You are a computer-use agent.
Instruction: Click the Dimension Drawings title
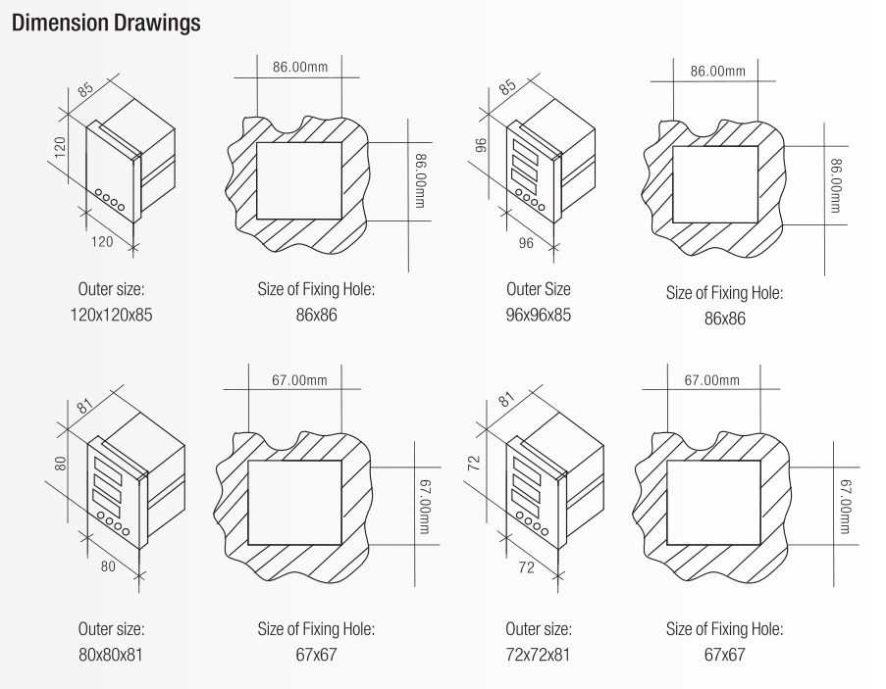pos(106,24)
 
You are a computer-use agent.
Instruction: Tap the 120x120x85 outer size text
pos(111,315)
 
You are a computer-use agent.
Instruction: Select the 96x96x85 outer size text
pos(539,315)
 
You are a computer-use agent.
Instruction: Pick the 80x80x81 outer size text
pos(111,655)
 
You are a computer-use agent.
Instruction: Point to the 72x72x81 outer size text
pos(538,655)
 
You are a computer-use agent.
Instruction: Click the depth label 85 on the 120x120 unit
pos(86,90)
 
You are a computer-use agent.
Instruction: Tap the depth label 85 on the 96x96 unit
pos(508,86)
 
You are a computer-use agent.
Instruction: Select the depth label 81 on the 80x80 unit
pos(84,407)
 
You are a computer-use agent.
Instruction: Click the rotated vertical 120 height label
pos(60,147)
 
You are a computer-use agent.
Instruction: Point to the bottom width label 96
pos(526,243)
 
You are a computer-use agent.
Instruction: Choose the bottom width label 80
pos(108,566)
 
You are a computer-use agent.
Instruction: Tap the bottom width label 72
pos(526,567)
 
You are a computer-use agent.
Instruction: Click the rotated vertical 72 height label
pos(475,464)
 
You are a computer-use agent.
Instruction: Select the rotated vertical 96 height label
pos(481,146)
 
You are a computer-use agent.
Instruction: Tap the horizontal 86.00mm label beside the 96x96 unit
pos(717,72)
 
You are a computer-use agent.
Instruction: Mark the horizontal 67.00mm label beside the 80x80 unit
pos(299,379)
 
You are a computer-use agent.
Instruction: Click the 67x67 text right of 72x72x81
pos(725,655)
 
